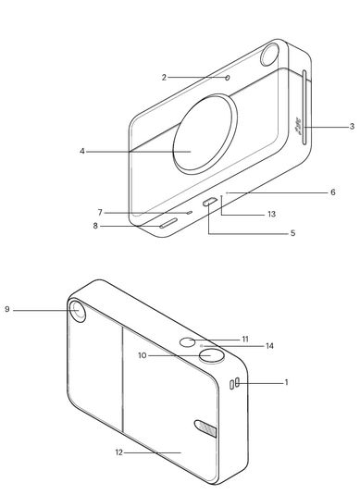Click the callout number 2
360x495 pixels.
[164, 78]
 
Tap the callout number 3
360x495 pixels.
[352, 127]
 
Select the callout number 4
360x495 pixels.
[82, 152]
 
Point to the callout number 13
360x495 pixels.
[271, 214]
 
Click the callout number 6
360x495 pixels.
[333, 192]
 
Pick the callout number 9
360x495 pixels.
[7, 309]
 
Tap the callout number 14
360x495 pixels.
[269, 346]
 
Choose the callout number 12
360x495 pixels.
[118, 452]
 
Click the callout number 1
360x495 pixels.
[286, 383]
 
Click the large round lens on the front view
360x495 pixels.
[205, 134]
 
